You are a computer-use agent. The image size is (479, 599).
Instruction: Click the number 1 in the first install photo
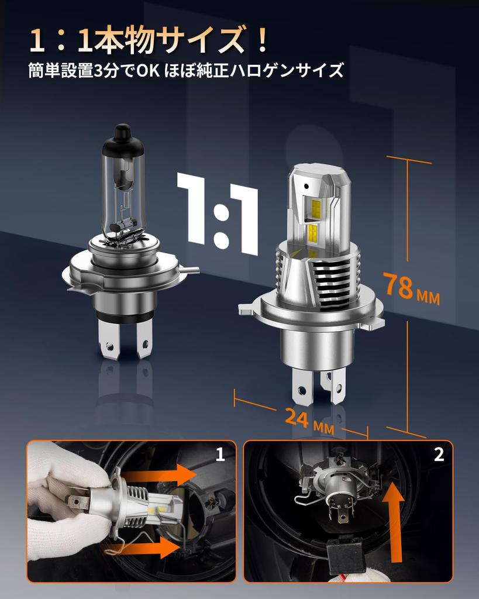(220, 455)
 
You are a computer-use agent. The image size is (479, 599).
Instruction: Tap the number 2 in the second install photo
(439, 455)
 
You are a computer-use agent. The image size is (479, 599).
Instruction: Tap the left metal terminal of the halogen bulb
(109, 339)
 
